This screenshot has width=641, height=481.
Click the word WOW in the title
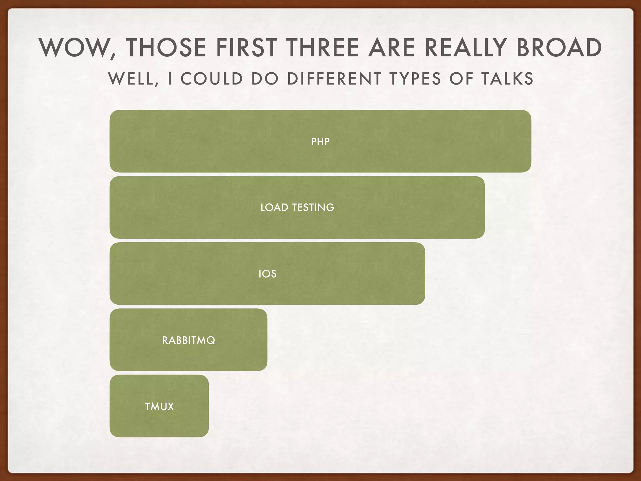point(75,48)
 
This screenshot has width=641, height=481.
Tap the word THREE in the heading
point(323,48)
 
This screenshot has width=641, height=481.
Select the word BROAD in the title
point(559,48)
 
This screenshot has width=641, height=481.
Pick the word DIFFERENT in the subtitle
point(334,79)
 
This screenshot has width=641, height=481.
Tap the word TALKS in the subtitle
point(507,79)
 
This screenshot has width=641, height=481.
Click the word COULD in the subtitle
point(212,79)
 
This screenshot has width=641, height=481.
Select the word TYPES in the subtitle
point(415,79)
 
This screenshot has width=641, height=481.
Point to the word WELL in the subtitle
point(133,79)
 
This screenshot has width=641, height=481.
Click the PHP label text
point(320,142)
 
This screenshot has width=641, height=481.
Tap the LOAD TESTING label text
point(297,208)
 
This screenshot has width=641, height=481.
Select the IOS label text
point(268,274)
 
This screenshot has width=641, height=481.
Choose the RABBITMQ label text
point(189,340)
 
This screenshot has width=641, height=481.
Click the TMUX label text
point(159,407)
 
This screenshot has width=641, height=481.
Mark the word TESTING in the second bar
point(313,208)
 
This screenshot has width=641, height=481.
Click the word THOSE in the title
point(166,48)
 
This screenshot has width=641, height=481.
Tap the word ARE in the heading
point(392,48)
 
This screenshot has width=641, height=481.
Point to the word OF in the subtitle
point(461,79)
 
